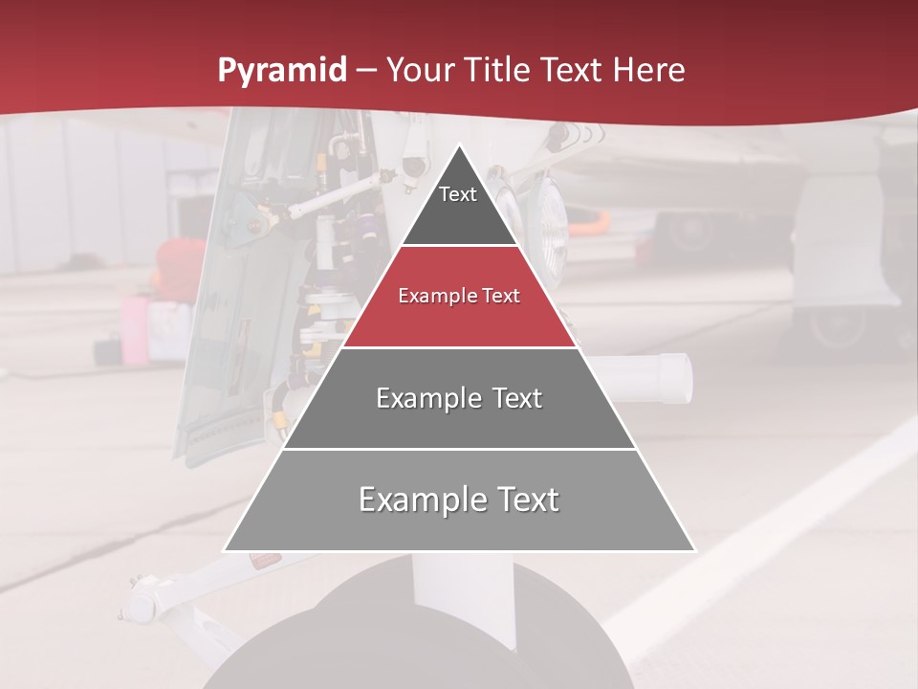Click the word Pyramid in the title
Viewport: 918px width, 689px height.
point(281,71)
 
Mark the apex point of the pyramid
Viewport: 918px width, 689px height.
point(460,145)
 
